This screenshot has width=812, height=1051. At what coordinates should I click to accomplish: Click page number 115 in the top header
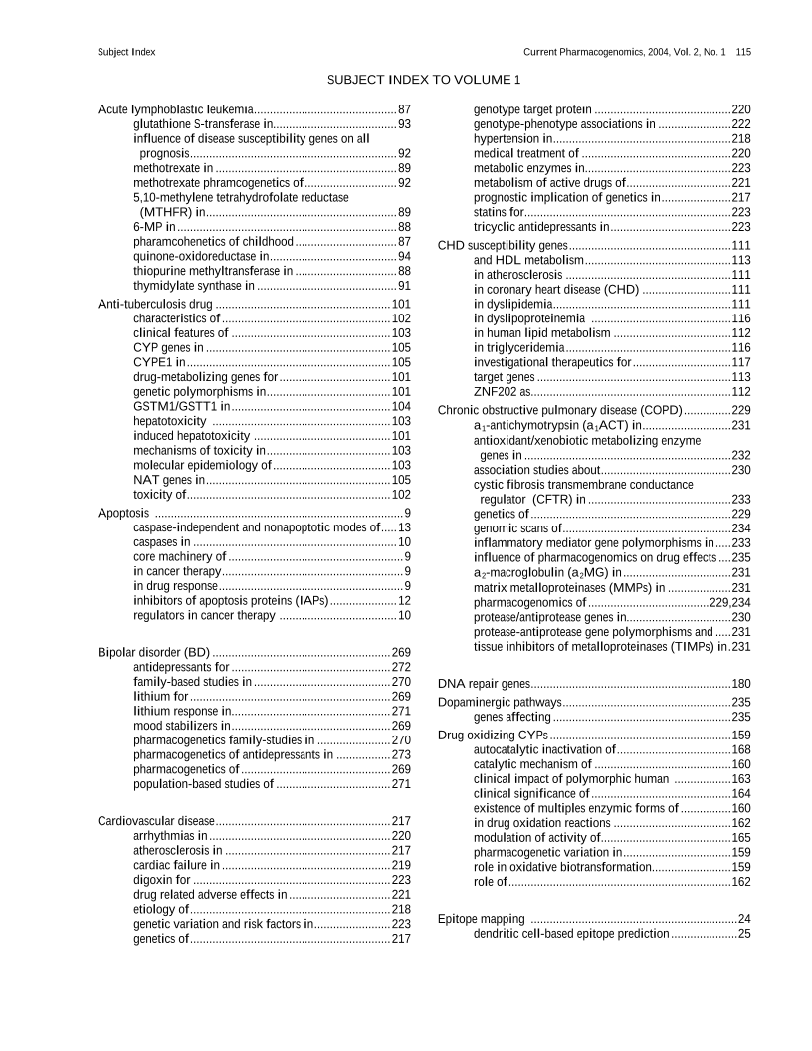point(743,51)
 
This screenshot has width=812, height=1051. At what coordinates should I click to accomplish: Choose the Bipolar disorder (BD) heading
point(153,652)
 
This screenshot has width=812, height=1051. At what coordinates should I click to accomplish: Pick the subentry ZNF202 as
point(502,391)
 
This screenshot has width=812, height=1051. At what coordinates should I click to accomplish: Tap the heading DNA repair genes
point(484,684)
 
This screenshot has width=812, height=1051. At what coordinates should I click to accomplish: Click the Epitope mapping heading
point(483,918)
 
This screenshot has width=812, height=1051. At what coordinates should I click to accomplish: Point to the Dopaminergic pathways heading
point(497,702)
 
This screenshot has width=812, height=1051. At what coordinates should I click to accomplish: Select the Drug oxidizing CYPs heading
point(493,735)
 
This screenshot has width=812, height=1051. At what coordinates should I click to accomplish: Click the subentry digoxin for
point(162,880)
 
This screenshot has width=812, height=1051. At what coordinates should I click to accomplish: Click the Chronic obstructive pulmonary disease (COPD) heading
point(559,410)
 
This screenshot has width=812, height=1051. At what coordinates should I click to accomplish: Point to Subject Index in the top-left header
point(126,51)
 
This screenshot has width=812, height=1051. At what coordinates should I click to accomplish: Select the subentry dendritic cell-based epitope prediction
point(571,934)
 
